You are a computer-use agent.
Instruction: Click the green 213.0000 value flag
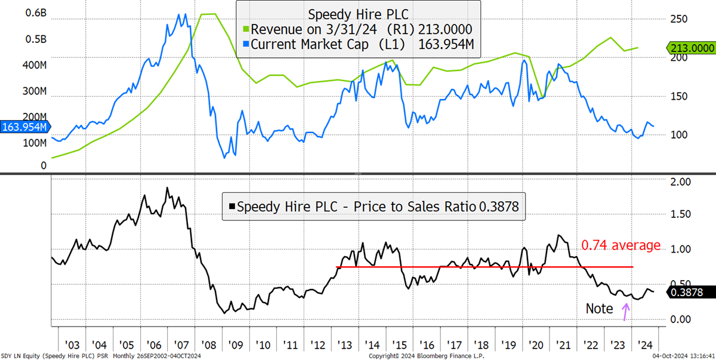(x=691, y=48)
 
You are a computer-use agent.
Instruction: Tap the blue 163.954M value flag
(x=25, y=127)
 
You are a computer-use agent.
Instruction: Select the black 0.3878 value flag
(x=691, y=292)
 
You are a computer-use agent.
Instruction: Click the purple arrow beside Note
(x=625, y=312)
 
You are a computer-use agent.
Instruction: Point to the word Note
(x=599, y=309)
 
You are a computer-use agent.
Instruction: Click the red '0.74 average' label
(x=621, y=245)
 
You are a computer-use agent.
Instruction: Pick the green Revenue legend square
(x=246, y=29)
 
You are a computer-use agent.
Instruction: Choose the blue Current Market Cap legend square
(x=246, y=44)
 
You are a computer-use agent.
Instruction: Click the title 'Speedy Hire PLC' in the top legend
(x=358, y=15)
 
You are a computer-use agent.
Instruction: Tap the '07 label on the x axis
(x=181, y=345)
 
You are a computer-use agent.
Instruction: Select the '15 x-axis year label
(x=399, y=345)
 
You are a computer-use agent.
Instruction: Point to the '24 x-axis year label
(x=645, y=345)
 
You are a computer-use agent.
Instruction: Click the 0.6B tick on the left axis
(x=36, y=13)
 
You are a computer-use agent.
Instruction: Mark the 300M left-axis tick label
(x=35, y=91)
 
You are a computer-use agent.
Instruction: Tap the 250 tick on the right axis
(x=679, y=19)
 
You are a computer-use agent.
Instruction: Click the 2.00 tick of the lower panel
(x=681, y=182)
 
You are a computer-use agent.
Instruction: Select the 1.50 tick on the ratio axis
(x=681, y=214)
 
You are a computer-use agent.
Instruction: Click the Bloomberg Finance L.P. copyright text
(x=427, y=356)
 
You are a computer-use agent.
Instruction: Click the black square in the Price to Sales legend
(x=232, y=207)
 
